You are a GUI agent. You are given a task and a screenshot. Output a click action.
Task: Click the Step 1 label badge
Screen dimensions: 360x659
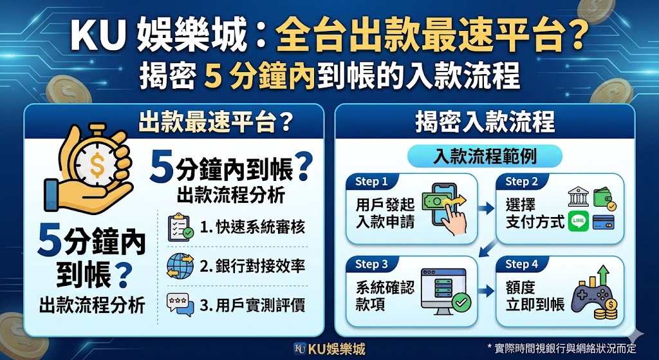tap(371, 182)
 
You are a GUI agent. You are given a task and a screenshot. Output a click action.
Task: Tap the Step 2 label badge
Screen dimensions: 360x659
tap(521, 182)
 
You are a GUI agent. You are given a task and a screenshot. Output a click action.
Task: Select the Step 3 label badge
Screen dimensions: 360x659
tap(371, 264)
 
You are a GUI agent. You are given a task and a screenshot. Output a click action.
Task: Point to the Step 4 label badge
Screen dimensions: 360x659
tap(521, 264)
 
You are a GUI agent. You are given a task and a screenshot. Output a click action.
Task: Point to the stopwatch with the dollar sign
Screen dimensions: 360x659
tap(97, 161)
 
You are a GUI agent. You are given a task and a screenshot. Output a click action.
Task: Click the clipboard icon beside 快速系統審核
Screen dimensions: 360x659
tap(180, 228)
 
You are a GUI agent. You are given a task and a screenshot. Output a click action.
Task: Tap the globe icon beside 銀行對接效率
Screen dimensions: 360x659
tap(180, 265)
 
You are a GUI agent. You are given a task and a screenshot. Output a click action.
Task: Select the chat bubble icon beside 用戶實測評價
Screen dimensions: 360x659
tap(180, 303)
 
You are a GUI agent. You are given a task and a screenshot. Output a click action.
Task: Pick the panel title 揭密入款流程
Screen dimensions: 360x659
tap(485, 121)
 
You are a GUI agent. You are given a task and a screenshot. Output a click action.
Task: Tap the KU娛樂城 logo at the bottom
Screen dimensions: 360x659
tap(329, 349)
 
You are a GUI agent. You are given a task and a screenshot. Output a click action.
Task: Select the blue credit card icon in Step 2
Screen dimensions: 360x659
tap(603, 222)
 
